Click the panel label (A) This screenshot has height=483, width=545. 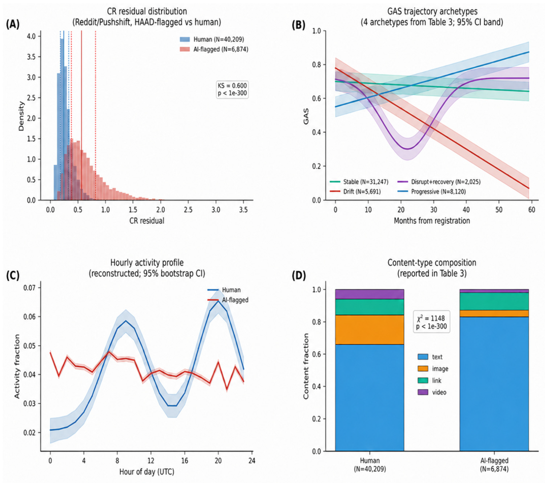[x=13, y=25]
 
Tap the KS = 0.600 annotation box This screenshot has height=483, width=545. [x=232, y=90]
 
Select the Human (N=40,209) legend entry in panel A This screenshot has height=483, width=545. [x=212, y=39]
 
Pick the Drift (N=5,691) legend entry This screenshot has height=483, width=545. [x=355, y=191]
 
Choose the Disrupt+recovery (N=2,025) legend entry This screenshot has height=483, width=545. [x=439, y=182]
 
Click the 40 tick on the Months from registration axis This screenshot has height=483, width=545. [x=466, y=210]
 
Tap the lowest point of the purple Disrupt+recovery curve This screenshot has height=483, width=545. [x=407, y=149]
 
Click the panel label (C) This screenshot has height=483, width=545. [x=13, y=276]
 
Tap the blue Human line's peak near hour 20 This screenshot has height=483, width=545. [x=218, y=301]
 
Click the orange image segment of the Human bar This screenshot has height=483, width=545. [x=370, y=330]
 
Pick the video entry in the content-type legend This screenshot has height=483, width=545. [x=432, y=392]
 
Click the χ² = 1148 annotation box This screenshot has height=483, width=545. [x=431, y=322]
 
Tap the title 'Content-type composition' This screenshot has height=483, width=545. [x=432, y=263]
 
